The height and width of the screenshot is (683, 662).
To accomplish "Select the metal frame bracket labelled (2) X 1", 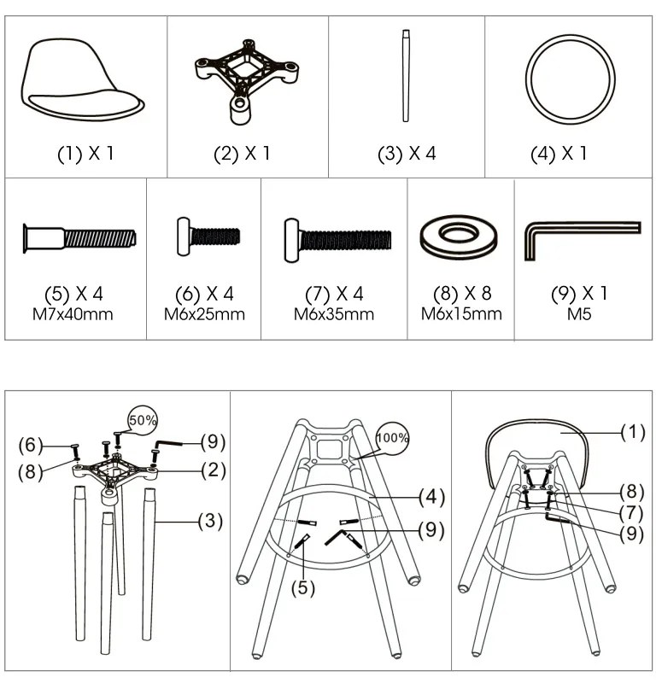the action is (246, 81).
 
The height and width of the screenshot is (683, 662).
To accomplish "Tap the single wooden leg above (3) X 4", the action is (406, 76).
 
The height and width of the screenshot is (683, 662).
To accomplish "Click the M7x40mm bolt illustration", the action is (79, 239).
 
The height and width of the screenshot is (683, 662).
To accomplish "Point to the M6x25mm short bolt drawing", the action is (208, 236).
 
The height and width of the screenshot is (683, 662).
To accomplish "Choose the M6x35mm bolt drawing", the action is (337, 240).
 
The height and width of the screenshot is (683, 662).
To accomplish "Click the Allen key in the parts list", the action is (583, 228).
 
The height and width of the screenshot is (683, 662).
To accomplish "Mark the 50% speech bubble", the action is (143, 420).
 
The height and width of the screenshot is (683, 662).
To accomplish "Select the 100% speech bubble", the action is (392, 438).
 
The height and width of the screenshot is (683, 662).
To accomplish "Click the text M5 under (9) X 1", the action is (579, 314).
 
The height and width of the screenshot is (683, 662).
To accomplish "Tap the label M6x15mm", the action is (461, 314).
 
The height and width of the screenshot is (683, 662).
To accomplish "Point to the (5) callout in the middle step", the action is (303, 588).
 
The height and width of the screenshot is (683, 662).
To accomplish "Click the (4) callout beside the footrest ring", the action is (432, 497).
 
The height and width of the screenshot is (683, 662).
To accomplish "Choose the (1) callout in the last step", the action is (633, 432).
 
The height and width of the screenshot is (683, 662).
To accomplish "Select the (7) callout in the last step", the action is (631, 513).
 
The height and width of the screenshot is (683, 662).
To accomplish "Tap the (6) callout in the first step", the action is (31, 445).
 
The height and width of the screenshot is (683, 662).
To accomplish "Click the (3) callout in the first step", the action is (210, 521).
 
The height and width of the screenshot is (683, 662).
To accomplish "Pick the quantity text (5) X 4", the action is (73, 294).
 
